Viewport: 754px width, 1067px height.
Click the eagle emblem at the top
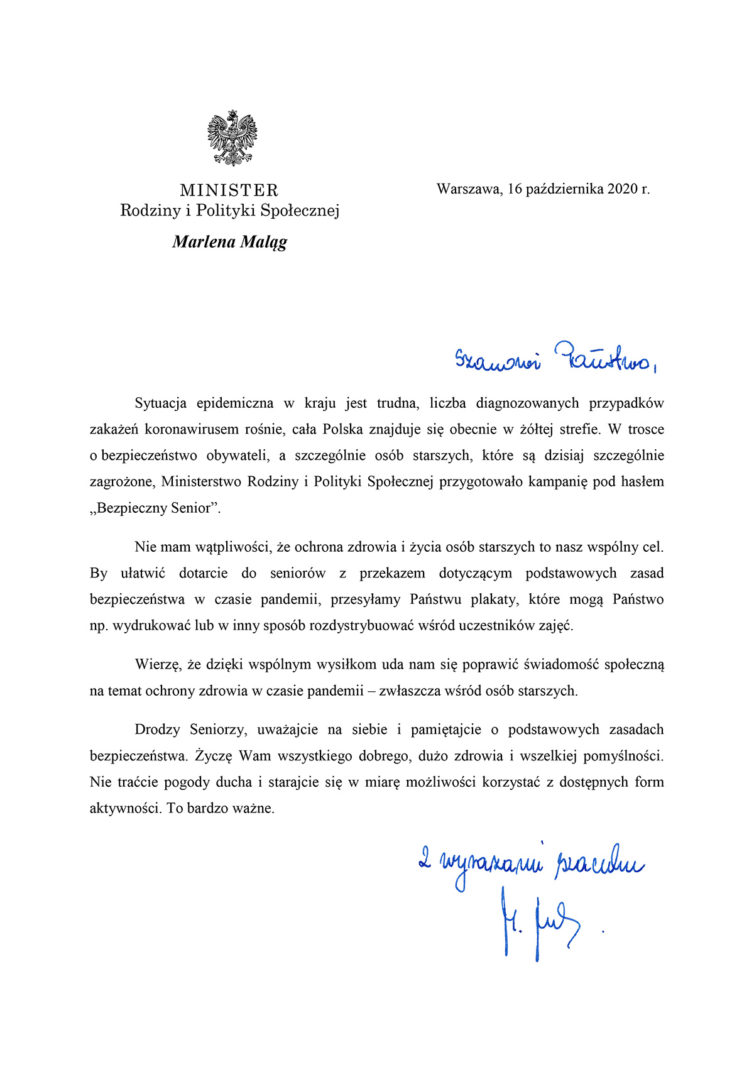(232, 138)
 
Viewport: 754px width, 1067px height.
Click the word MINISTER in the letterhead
(229, 190)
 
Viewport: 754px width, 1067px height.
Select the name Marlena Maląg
(229, 242)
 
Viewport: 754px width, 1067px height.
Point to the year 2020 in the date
(623, 189)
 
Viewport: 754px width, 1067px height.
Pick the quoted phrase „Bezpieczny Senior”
(155, 508)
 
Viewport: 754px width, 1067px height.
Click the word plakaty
(493, 599)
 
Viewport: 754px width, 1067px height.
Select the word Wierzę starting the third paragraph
(158, 665)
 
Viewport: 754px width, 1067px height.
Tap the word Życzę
(214, 756)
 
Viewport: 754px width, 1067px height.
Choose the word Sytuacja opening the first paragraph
(160, 403)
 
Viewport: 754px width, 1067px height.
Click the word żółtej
(538, 430)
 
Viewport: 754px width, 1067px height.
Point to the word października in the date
(565, 189)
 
